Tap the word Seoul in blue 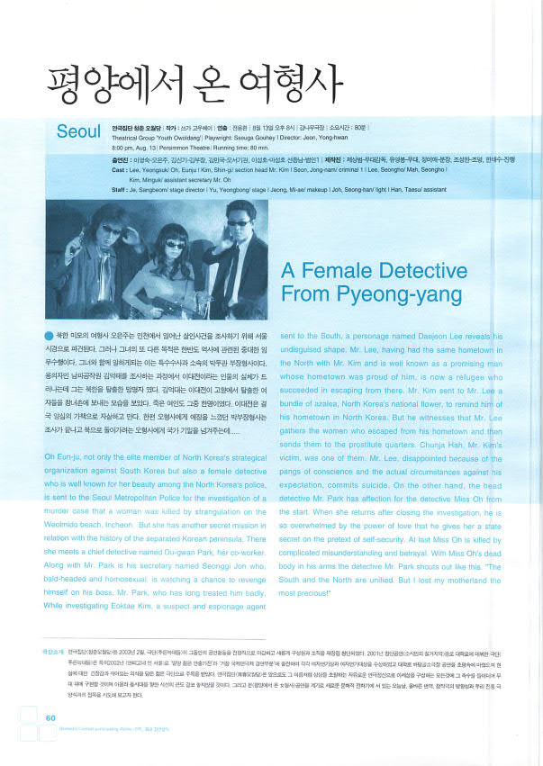(x=78, y=131)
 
